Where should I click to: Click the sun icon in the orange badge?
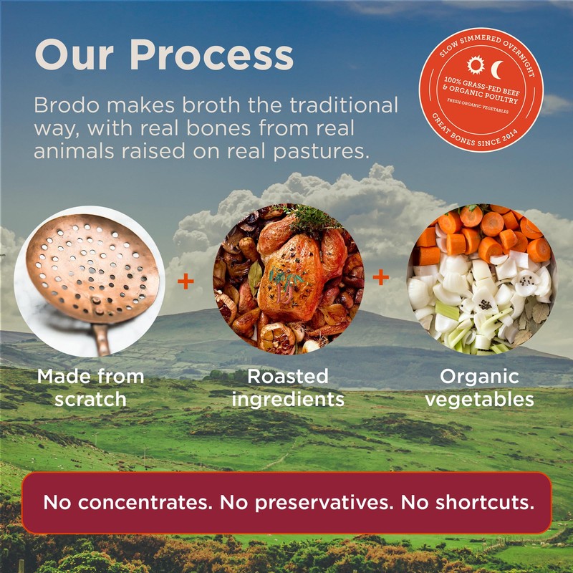click(x=476, y=67)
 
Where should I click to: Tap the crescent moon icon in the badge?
click(x=496, y=67)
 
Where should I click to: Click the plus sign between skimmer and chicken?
click(x=186, y=281)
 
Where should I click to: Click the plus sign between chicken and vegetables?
click(x=380, y=277)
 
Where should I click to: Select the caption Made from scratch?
click(x=90, y=387)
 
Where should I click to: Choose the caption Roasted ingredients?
click(x=288, y=387)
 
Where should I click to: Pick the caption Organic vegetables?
click(x=479, y=387)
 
